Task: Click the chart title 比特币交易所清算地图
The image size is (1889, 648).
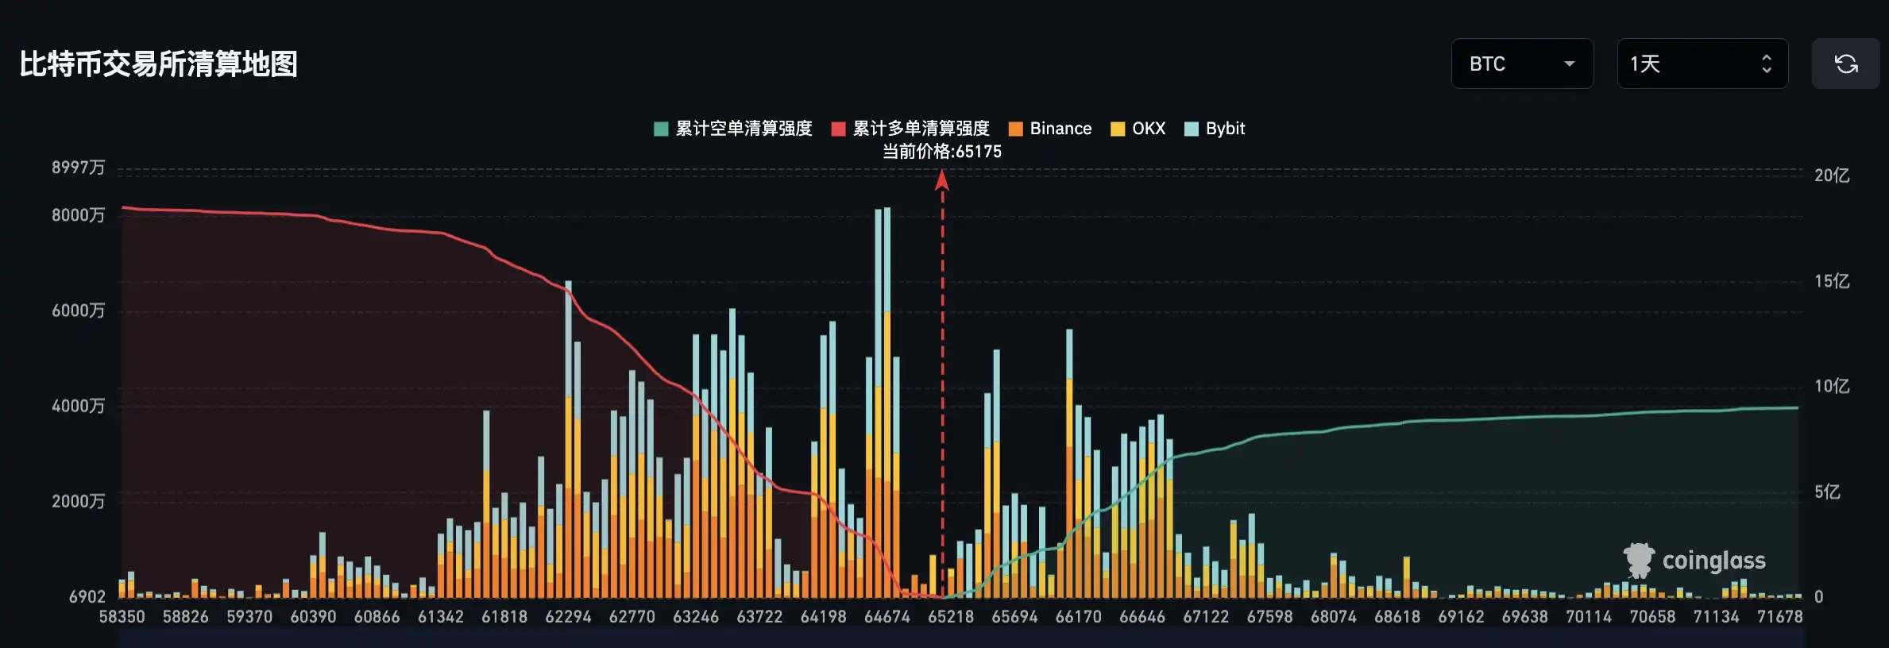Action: [158, 64]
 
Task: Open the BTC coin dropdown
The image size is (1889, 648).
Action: [1521, 64]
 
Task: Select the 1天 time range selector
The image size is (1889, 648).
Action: [1702, 64]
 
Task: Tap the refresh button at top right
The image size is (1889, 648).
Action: [1845, 64]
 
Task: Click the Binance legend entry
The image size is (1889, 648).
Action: [1050, 129]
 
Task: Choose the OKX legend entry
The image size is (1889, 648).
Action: [1138, 129]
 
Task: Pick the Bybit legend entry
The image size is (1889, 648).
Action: [1215, 129]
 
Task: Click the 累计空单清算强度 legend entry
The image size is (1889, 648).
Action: [733, 129]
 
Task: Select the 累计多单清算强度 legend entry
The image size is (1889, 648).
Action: [910, 129]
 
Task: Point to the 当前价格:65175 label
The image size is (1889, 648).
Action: [942, 152]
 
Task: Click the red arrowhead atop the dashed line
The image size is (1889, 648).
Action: [942, 181]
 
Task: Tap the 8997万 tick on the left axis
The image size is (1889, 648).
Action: [78, 168]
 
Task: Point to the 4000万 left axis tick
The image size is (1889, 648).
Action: [78, 406]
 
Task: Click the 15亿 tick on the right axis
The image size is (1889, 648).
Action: [1832, 281]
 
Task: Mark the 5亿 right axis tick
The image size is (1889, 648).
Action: [1827, 492]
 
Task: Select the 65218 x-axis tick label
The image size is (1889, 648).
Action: [951, 617]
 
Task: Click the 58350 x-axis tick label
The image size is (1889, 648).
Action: [122, 617]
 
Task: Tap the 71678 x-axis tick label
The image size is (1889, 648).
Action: [1779, 617]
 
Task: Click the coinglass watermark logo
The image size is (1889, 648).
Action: [1694, 561]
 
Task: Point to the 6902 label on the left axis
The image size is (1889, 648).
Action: [87, 596]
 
